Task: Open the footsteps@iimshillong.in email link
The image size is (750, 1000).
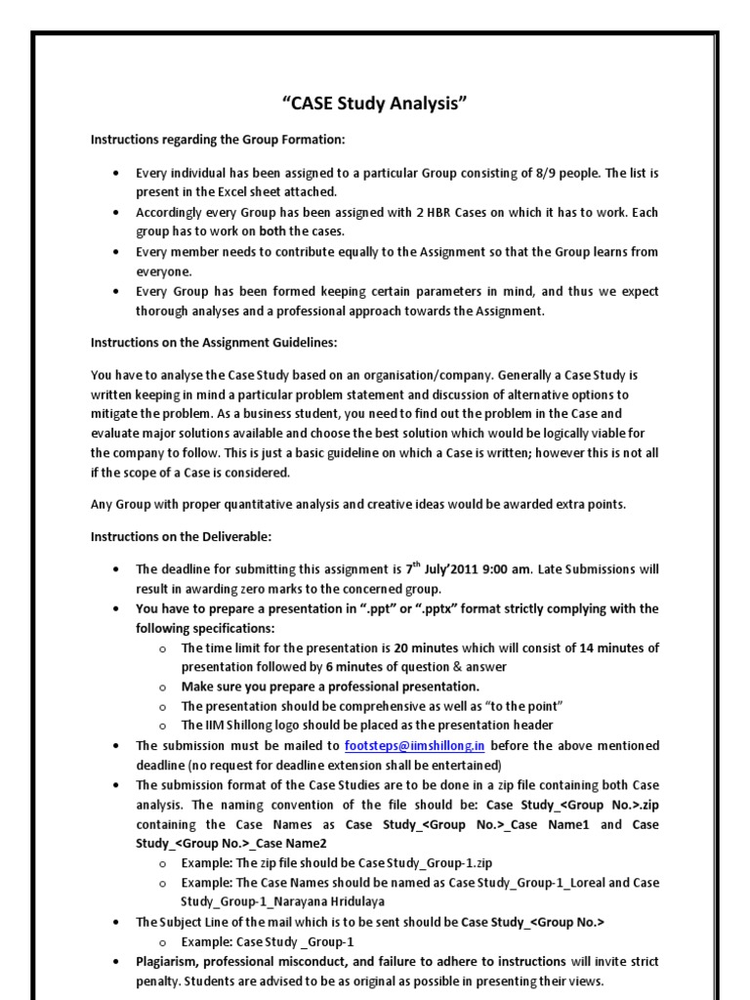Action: pos(414,745)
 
